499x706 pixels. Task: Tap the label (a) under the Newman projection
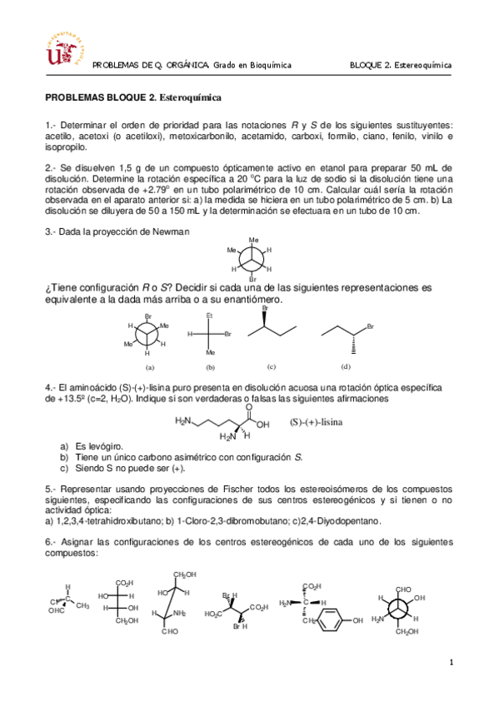[x=150, y=366]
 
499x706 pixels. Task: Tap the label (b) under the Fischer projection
[x=211, y=366]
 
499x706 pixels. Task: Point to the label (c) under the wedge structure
[x=271, y=365]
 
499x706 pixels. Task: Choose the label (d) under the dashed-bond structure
[x=346, y=365]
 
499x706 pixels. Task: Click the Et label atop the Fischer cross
[x=210, y=316]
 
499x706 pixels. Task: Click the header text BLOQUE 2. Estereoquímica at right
[x=400, y=64]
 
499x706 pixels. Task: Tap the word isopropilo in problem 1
[x=65, y=147]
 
